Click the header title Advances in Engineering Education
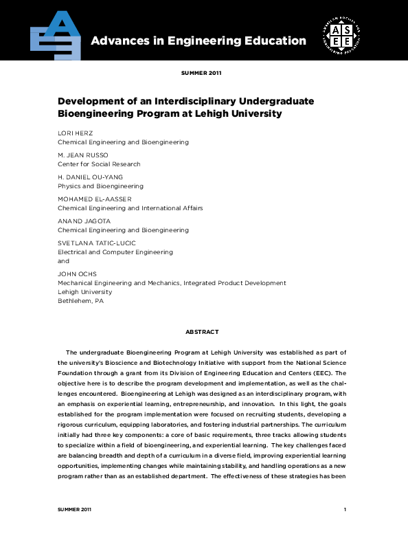click(199, 41)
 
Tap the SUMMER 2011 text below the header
click(201, 72)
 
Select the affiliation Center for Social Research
click(99, 164)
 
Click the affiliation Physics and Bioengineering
click(100, 186)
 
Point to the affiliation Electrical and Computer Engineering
click(115, 252)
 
